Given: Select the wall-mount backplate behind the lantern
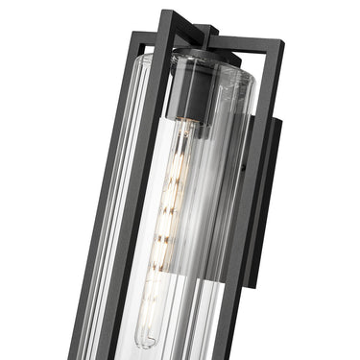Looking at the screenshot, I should click(268, 192).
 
